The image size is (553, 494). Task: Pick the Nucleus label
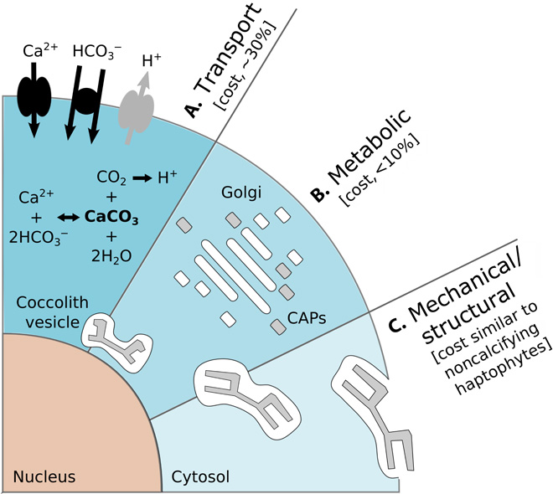click(x=44, y=477)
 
